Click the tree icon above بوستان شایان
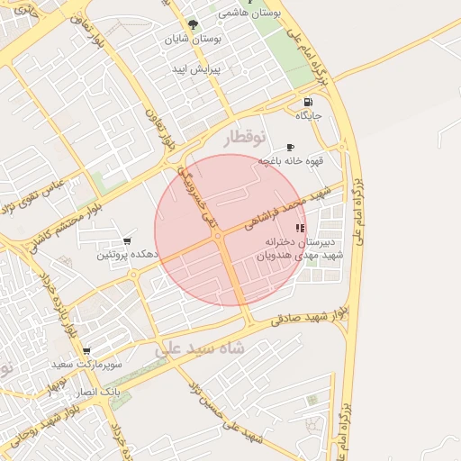192,25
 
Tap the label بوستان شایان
191,40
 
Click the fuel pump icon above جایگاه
310,102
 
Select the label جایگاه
309,115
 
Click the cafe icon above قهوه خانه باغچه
290,147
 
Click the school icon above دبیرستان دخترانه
301,229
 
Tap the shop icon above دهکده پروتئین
126,241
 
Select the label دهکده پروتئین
127,256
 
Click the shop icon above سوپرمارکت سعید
86,351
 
